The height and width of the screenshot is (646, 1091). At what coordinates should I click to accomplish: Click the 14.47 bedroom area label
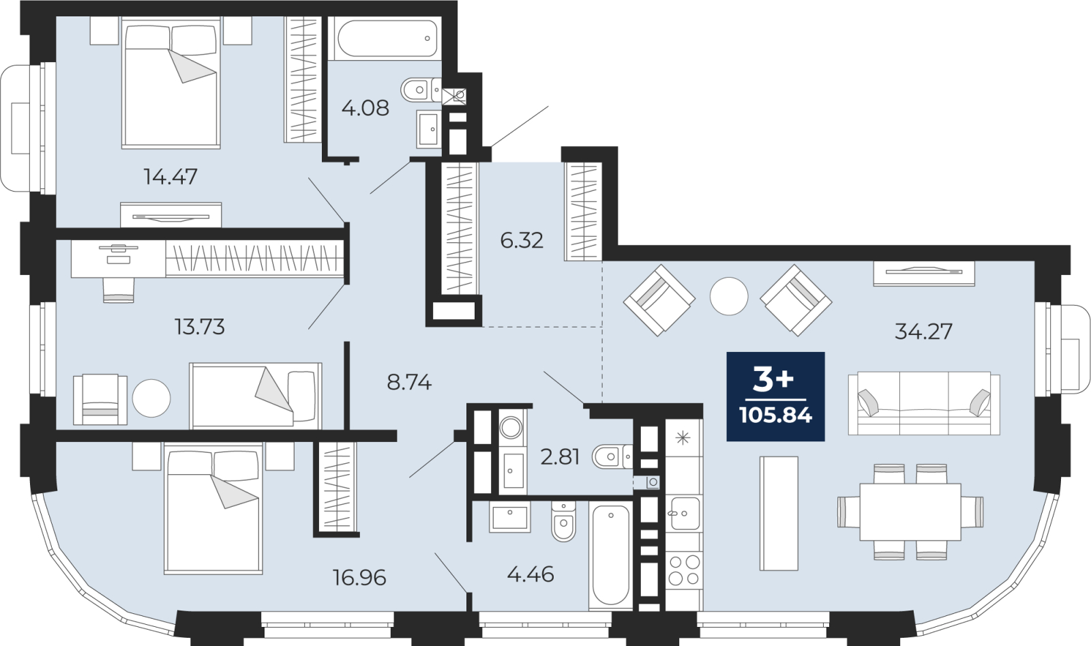(170, 177)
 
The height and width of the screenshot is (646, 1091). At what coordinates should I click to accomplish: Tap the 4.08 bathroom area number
(365, 108)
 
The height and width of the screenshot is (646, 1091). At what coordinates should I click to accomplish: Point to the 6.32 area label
(522, 241)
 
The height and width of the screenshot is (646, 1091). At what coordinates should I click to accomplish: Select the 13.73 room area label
(200, 327)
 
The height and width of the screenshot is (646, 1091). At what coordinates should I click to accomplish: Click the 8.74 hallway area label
(409, 383)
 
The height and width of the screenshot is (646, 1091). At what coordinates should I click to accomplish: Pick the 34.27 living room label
(923, 332)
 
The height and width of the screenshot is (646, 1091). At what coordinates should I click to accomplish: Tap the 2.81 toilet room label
(560, 457)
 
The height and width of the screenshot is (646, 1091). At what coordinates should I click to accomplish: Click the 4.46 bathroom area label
(530, 575)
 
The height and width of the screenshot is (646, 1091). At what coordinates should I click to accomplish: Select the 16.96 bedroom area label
(359, 578)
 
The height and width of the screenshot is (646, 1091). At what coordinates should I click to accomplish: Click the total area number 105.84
(775, 415)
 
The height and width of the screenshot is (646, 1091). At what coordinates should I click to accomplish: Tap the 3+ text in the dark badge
(773, 381)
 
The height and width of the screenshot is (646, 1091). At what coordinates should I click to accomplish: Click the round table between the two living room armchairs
(729, 296)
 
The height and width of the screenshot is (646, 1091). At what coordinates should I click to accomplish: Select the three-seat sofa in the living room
(924, 403)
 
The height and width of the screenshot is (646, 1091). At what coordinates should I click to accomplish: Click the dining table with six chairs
(910, 512)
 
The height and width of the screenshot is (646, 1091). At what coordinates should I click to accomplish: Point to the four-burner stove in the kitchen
(684, 570)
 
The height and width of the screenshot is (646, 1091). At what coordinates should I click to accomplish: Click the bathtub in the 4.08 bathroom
(385, 38)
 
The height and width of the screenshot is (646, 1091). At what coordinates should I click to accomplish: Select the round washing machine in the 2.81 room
(511, 428)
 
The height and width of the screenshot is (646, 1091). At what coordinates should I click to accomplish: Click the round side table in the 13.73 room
(151, 398)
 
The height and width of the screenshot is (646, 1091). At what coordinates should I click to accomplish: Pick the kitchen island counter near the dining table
(779, 513)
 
